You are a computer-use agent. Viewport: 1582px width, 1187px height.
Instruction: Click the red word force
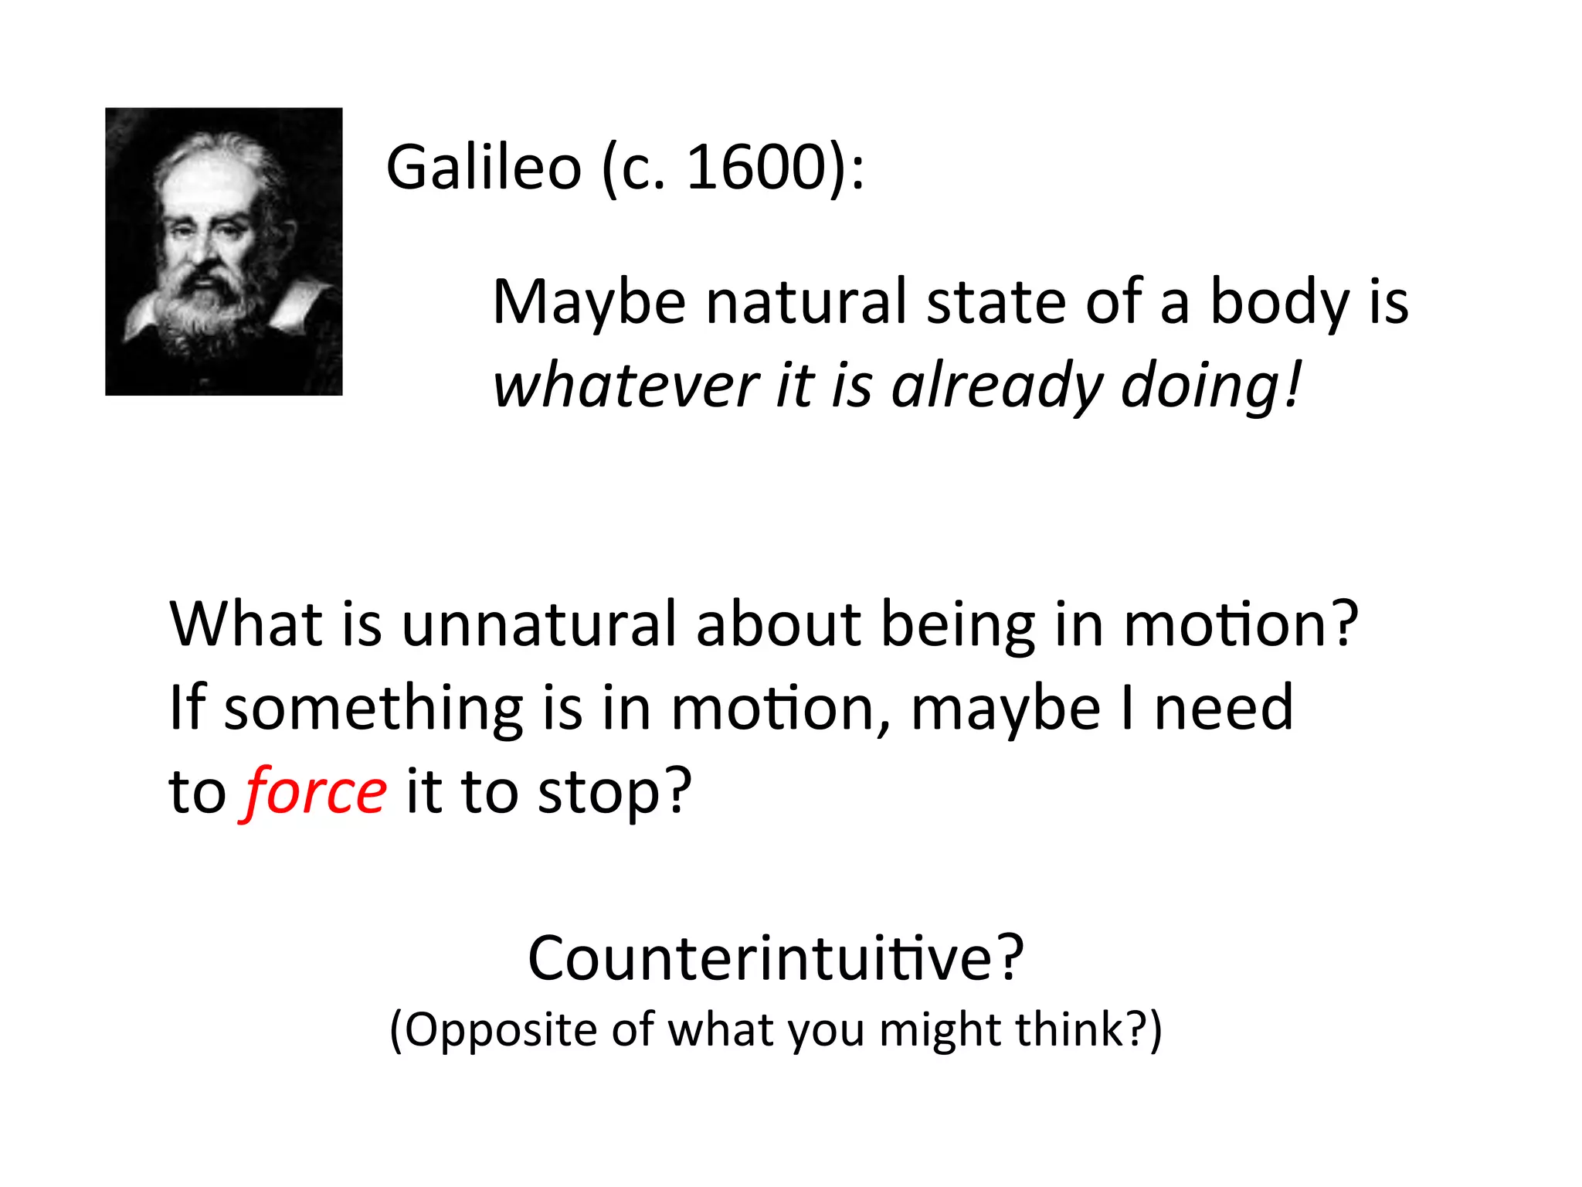pyautogui.click(x=316, y=792)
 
